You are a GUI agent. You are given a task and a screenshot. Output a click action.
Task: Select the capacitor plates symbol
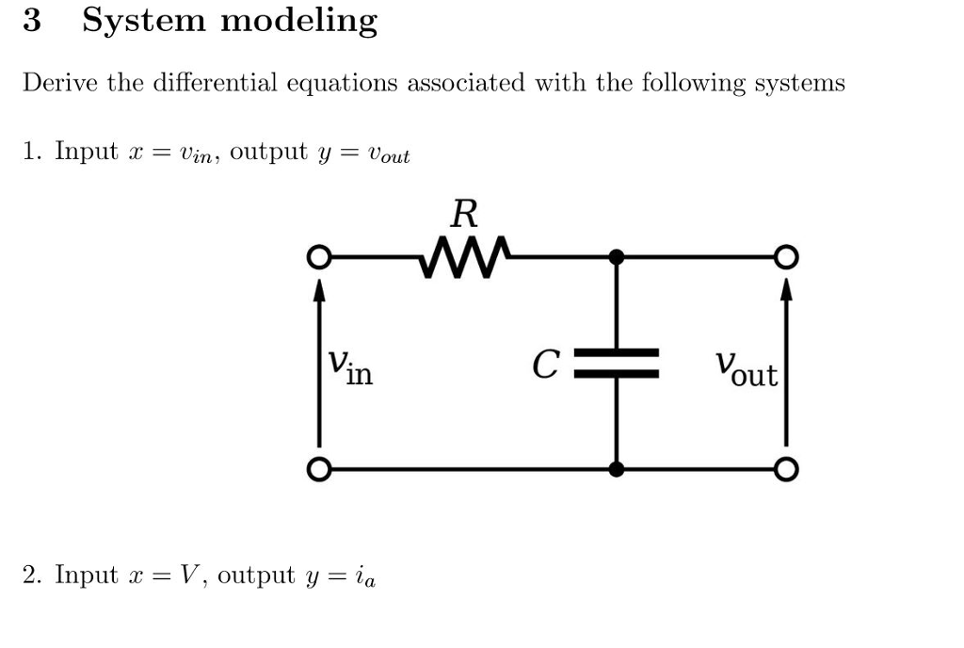617,364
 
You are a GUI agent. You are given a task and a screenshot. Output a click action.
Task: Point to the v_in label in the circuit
349,367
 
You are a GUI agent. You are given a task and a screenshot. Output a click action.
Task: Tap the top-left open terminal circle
320,257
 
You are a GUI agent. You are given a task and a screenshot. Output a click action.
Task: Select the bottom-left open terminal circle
320,468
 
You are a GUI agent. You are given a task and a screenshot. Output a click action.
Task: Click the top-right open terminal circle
786,257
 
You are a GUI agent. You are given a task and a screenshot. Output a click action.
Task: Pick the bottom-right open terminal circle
786,468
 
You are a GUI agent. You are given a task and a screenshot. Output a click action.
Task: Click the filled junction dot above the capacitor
617,256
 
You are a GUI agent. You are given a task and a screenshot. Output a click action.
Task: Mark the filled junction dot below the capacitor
617,468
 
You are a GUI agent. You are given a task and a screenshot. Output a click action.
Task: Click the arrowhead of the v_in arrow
320,286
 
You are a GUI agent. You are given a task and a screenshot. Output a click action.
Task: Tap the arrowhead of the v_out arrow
786,286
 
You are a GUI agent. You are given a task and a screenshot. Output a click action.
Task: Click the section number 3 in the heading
32,21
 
